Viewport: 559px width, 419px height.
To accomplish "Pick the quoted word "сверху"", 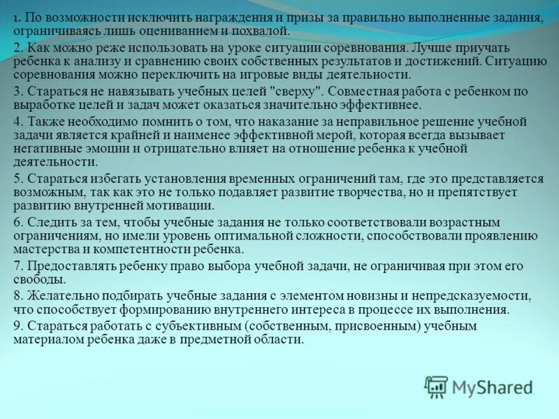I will [x=296, y=91].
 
